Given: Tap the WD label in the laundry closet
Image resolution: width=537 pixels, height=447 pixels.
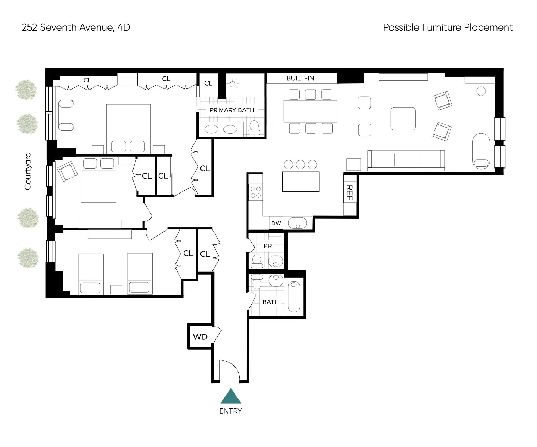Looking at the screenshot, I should [x=200, y=337].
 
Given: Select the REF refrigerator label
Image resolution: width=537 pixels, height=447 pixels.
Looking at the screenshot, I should [x=350, y=192].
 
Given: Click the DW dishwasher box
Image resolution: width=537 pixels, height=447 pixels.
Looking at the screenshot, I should [x=276, y=223].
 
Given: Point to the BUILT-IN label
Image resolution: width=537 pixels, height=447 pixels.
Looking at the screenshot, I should [x=300, y=78].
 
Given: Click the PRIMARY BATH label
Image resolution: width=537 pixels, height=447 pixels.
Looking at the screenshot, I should [x=232, y=110].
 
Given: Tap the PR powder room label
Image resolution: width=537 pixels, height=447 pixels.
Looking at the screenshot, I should [x=267, y=246].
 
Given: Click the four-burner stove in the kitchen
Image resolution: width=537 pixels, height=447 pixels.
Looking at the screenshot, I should [x=255, y=192].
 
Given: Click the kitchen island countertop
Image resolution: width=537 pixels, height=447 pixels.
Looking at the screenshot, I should [x=301, y=182].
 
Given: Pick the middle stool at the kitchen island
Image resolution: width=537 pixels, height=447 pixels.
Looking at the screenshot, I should [x=300, y=164].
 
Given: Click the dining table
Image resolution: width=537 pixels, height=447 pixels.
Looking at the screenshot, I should [x=310, y=111].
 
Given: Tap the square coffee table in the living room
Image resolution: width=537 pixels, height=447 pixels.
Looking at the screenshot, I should [x=403, y=119].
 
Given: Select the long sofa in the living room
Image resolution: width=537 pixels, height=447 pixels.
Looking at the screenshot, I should [x=406, y=160].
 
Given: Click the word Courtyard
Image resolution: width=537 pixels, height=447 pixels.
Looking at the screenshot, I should [x=27, y=171].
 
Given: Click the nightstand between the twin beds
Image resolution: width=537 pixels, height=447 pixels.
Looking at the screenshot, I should [x=116, y=289].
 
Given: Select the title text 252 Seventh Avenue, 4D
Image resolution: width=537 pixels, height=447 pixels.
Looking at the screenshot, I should [x=76, y=27].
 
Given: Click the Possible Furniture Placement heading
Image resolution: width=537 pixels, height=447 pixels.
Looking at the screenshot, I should [x=447, y=27].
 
